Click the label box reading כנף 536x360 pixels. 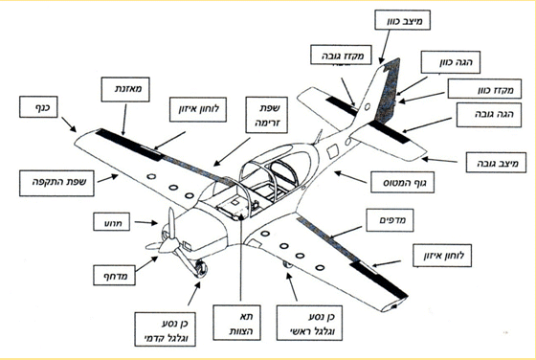point(38,107)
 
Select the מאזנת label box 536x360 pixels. point(125,89)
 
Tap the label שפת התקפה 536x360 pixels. point(56,183)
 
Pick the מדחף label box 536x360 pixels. point(114,275)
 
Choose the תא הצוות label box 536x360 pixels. point(236,323)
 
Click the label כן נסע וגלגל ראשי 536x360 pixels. point(309,323)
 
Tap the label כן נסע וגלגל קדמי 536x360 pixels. point(165,329)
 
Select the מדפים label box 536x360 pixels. point(390,220)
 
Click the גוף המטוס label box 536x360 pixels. point(403,182)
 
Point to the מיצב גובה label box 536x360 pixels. point(496,163)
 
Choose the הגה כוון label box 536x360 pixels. point(451,62)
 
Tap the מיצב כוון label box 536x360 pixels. point(402,20)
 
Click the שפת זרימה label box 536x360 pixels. point(267,115)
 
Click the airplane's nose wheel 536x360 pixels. point(200,269)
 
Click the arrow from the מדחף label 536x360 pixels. point(146,264)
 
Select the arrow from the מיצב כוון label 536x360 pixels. point(385,47)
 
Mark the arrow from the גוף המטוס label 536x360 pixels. point(350,177)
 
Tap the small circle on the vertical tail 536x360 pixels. point(368,106)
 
